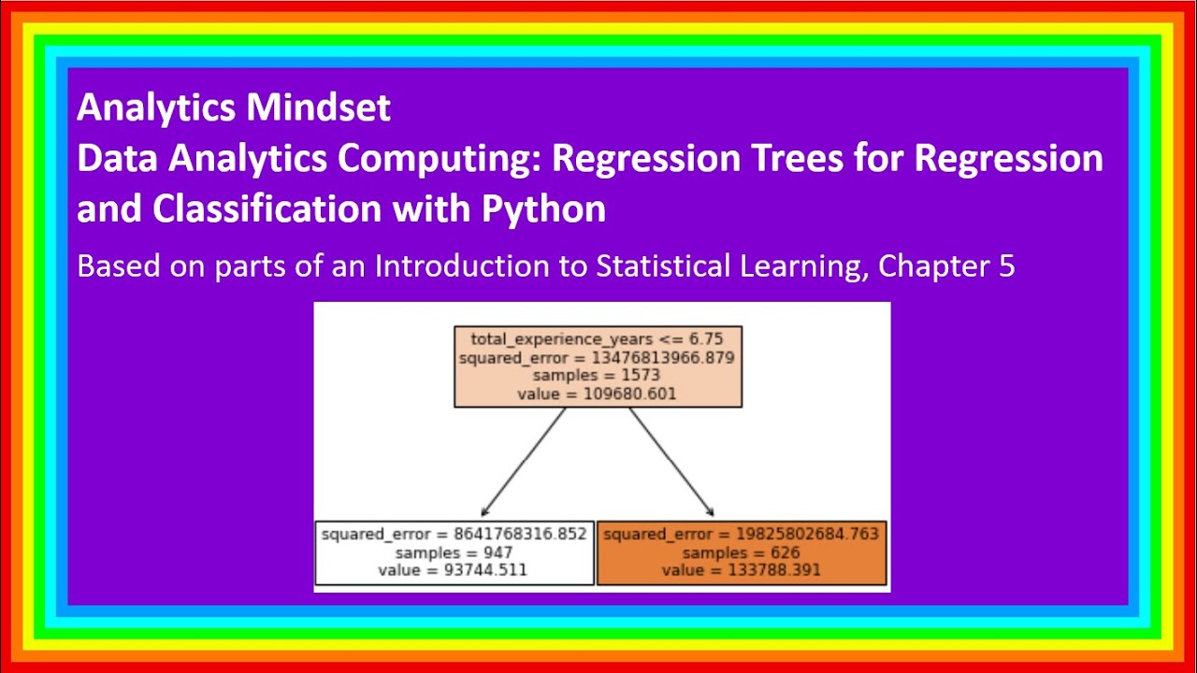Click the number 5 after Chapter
click(1006, 266)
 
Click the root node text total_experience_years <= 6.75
click(597, 338)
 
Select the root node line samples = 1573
click(597, 375)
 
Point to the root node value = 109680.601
click(597, 394)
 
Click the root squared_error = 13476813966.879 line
click(597, 357)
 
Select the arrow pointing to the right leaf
click(672, 463)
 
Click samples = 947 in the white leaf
click(454, 552)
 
